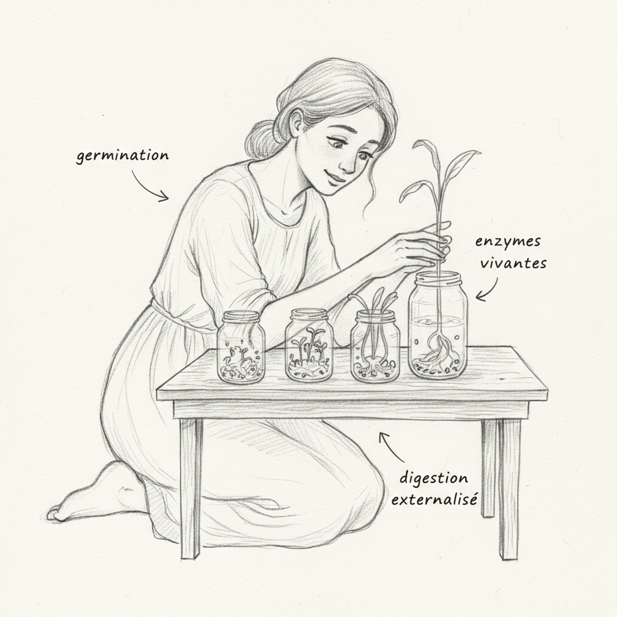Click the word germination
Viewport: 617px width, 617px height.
pos(122,155)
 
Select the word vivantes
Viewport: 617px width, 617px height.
pos(513,263)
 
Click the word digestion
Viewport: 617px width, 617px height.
pos(433,479)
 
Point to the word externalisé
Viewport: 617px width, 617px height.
pos(438,500)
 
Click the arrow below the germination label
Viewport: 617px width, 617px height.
pos(149,187)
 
